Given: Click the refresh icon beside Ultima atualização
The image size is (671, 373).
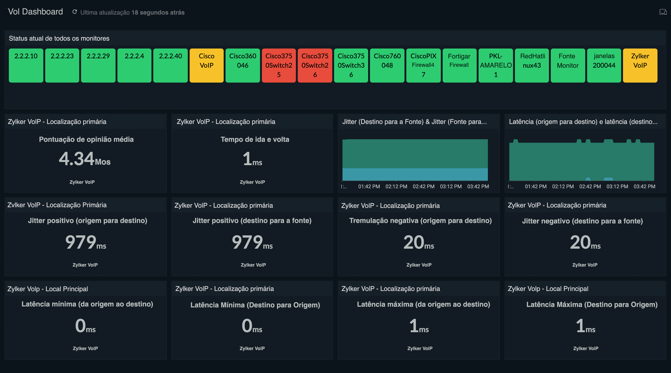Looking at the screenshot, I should tap(75, 12).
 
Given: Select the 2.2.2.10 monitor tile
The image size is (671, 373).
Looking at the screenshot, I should tap(26, 66).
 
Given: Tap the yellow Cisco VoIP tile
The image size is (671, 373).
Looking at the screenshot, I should tap(206, 66).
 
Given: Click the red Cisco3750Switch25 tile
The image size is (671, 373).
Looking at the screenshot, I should tap(278, 66).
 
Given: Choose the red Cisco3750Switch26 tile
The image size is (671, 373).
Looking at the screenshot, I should tap(315, 66).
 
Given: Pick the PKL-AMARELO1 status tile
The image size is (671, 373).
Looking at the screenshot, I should tap(495, 66).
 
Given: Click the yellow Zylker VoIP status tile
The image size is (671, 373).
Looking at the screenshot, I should tap(640, 66).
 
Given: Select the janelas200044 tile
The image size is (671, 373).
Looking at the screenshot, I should tap(604, 66).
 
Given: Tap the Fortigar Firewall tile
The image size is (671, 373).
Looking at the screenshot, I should tap(459, 66).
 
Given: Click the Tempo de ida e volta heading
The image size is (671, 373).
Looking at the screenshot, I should tap(254, 139).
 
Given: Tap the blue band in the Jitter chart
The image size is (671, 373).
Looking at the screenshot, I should tap(415, 174).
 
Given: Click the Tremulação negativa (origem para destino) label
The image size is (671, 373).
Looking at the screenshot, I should tap(420, 221).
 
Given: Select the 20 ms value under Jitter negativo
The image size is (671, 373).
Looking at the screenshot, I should tap(585, 242).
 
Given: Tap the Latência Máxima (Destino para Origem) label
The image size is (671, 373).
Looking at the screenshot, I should tap(592, 305).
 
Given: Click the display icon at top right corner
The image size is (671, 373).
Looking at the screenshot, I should tap(663, 12).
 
